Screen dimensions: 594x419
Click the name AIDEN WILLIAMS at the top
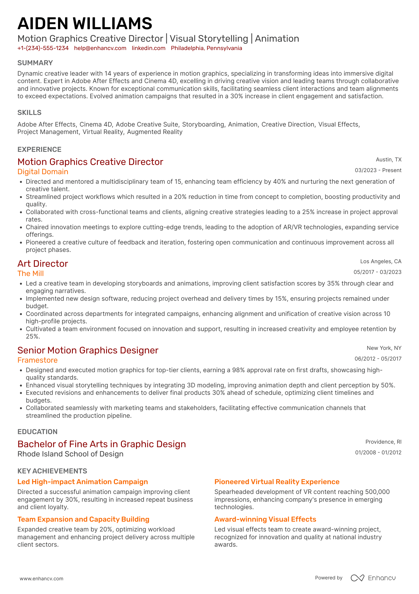[x=85, y=24]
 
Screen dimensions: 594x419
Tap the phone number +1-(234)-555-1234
[x=43, y=48]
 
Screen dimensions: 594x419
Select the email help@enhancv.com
[x=100, y=48]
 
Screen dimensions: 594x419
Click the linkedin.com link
[x=149, y=48]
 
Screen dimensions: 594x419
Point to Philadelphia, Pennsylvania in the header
[x=206, y=48]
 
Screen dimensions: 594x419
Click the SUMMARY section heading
[x=35, y=63]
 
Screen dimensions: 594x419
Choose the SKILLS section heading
[x=29, y=113]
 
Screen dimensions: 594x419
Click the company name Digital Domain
[x=43, y=172]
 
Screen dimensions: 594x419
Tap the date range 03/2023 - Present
[x=378, y=170]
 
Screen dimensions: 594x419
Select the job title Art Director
[x=43, y=264]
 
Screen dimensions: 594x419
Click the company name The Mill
[x=31, y=273]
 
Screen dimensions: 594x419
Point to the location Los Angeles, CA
[x=381, y=261]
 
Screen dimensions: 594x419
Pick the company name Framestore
[x=37, y=360]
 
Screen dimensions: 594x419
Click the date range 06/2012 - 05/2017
[x=378, y=359]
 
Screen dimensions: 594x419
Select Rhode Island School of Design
[x=70, y=454]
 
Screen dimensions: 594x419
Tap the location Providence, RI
[x=383, y=442]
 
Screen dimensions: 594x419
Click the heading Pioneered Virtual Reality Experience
[x=277, y=482]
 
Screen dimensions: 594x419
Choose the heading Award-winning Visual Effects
[x=265, y=519]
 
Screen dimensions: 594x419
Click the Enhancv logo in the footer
[x=373, y=578]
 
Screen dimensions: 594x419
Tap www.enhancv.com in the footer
[x=42, y=579]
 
